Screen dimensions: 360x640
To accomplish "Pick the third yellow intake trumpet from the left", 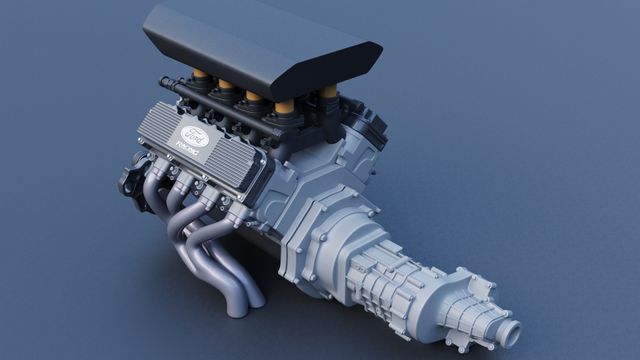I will pos(251,100).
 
